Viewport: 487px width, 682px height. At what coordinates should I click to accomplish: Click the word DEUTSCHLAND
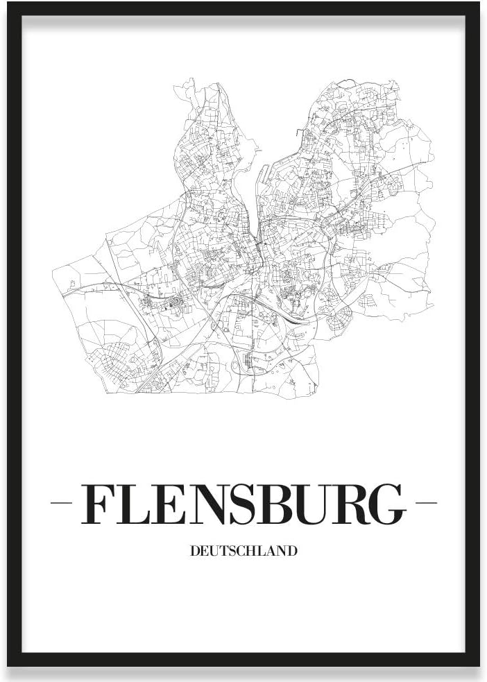[243, 552]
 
